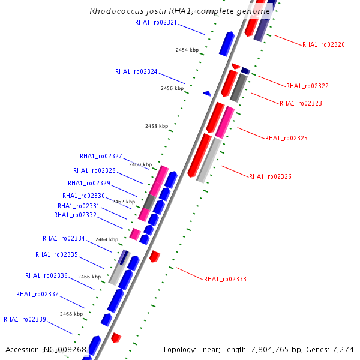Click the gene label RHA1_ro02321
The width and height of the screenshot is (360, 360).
[x=156, y=23]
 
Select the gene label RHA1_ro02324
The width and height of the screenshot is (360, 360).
[x=136, y=72]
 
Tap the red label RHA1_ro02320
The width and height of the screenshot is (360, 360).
[x=323, y=44]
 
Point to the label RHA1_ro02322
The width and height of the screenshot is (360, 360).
[x=307, y=86]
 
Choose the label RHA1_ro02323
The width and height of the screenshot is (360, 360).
[x=301, y=104]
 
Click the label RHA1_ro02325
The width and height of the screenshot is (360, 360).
[x=286, y=139]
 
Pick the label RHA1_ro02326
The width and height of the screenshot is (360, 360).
[x=270, y=177]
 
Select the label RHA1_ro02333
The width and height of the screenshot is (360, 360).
[x=225, y=280]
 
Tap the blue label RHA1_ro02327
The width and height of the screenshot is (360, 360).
[x=101, y=157]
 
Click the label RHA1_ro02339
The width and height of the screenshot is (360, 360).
[x=25, y=320]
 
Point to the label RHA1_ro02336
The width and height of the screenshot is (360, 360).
[x=46, y=276]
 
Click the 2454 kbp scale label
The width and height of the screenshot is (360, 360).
[x=187, y=50]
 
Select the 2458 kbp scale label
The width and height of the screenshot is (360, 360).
[x=156, y=127]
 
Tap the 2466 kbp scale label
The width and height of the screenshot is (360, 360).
[x=89, y=277]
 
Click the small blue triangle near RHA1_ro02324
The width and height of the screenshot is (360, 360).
[x=207, y=94]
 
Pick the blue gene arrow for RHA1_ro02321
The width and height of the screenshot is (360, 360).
[x=226, y=43]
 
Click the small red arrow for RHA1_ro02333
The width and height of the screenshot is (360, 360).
[x=155, y=256]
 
